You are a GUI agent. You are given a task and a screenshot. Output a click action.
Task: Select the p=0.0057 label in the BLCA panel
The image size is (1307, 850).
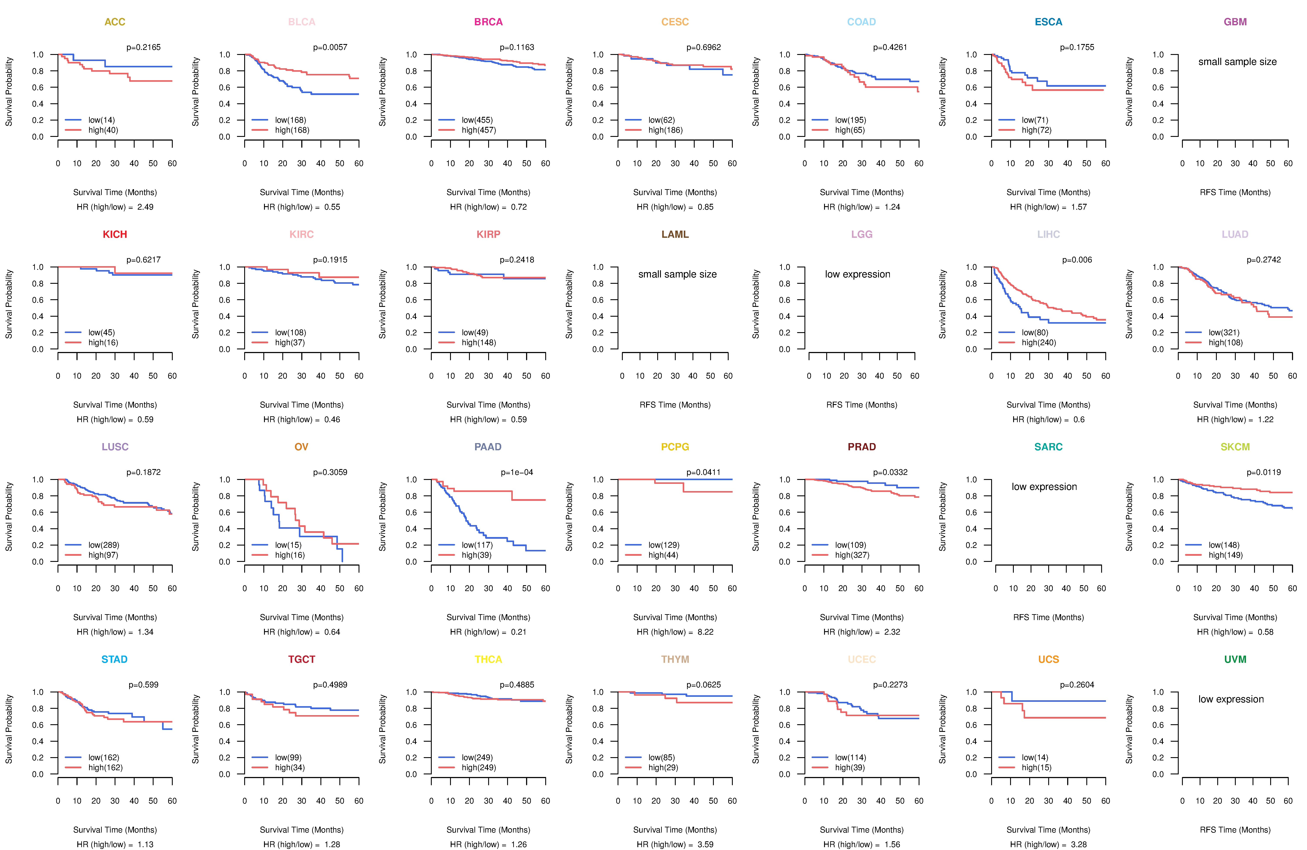click(x=330, y=47)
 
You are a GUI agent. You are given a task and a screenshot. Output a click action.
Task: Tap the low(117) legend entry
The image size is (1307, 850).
click(x=477, y=545)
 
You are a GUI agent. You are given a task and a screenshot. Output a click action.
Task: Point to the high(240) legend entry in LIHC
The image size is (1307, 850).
click(x=1038, y=342)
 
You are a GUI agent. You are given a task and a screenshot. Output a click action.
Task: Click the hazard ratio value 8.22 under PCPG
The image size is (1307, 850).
click(x=705, y=632)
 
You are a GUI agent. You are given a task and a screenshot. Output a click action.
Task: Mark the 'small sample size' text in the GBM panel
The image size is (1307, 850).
click(x=1237, y=61)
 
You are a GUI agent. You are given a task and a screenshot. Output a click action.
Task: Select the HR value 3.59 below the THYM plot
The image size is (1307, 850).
click(x=705, y=845)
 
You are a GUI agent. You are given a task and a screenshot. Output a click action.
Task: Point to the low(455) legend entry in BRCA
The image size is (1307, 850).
click(x=477, y=120)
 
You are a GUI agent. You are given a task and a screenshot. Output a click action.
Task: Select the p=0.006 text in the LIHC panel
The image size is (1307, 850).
click(x=1077, y=260)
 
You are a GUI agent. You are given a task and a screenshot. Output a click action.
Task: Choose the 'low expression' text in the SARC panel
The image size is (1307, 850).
click(x=1044, y=487)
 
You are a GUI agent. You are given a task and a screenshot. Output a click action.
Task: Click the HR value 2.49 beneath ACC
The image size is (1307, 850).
click(x=145, y=207)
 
